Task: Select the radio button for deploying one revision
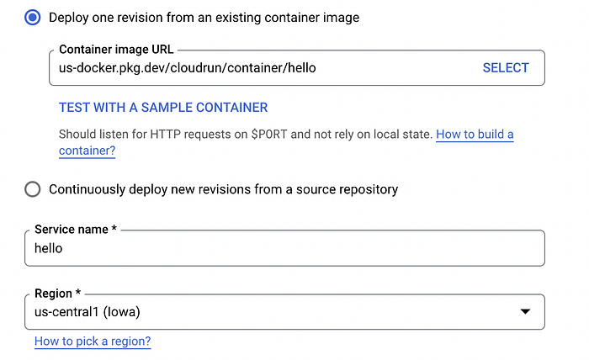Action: (33, 18)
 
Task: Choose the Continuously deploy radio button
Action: (33, 189)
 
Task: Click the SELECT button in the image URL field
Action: (506, 68)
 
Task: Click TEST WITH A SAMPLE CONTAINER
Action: (163, 108)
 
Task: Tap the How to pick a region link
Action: (93, 341)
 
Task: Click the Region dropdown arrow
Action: (525, 311)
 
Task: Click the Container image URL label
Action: (116, 50)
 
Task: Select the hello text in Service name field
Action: (49, 248)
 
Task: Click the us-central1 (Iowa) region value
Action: (88, 312)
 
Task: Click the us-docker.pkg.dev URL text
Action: (187, 68)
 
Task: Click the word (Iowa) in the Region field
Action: (121, 312)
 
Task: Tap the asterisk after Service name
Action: (114, 228)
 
